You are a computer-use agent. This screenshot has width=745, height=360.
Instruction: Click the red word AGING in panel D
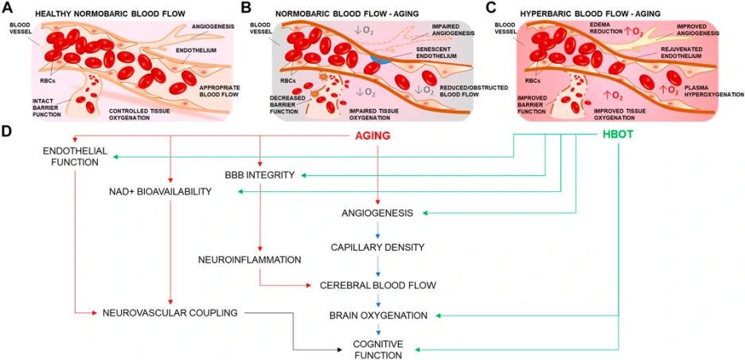372,136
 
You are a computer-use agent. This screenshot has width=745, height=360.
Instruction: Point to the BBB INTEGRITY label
260,174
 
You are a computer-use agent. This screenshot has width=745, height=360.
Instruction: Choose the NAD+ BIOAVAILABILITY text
161,192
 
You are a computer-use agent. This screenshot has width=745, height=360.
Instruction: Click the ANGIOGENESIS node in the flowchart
377,213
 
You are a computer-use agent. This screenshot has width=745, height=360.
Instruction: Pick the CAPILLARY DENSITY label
377,248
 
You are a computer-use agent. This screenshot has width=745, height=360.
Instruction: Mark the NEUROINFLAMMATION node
249,260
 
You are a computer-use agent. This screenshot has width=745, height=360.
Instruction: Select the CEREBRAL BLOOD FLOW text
377,284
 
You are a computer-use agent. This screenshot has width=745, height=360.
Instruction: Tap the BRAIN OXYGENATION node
378,316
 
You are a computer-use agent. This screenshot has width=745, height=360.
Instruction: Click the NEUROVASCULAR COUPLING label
170,312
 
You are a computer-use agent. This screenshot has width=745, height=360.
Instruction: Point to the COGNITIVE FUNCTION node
378,350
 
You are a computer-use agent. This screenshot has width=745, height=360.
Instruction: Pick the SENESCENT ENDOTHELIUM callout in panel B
447,54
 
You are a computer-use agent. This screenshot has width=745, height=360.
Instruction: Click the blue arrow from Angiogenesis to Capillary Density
378,231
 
